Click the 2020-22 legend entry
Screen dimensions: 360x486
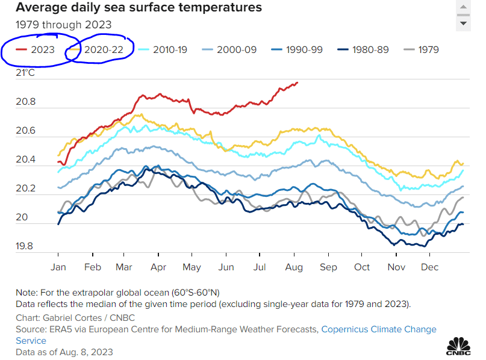(103, 49)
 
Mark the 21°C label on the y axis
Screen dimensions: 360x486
(26, 73)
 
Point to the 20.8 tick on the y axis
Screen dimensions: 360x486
(26, 102)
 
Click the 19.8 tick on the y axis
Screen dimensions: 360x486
(26, 246)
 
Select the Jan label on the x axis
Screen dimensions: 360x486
(58, 267)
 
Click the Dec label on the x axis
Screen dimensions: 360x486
(429, 267)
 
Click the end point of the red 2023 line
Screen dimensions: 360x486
(298, 82)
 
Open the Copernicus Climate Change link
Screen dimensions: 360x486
(378, 329)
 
